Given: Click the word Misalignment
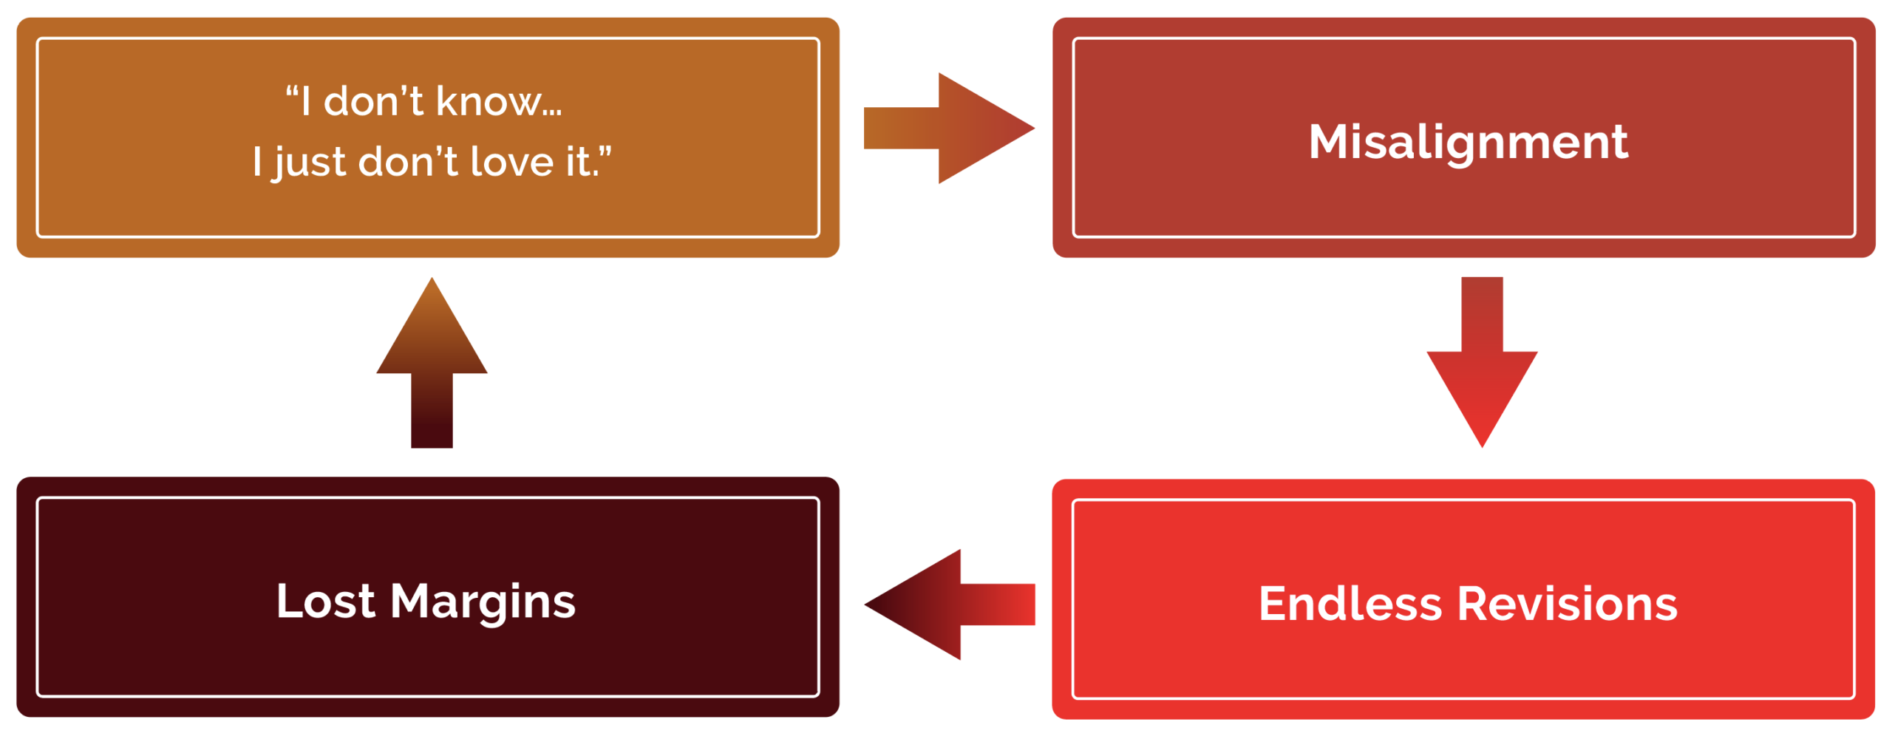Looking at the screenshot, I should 1468,141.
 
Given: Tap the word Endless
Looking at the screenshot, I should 1350,604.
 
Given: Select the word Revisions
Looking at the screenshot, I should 1568,604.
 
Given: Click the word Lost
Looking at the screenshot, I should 325,601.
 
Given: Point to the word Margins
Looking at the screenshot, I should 483,602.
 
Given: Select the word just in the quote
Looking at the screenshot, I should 310,163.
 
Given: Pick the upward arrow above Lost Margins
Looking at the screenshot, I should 432,362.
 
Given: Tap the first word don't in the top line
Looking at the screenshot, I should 373,101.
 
